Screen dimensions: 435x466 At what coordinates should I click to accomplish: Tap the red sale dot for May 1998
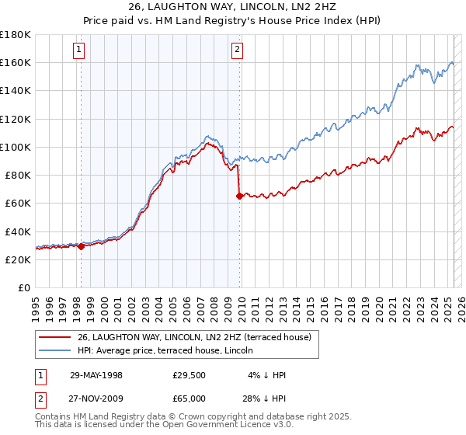click(x=81, y=246)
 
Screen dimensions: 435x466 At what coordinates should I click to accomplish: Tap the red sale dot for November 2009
click(x=239, y=197)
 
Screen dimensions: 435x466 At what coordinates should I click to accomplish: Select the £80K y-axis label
click(x=18, y=175)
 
